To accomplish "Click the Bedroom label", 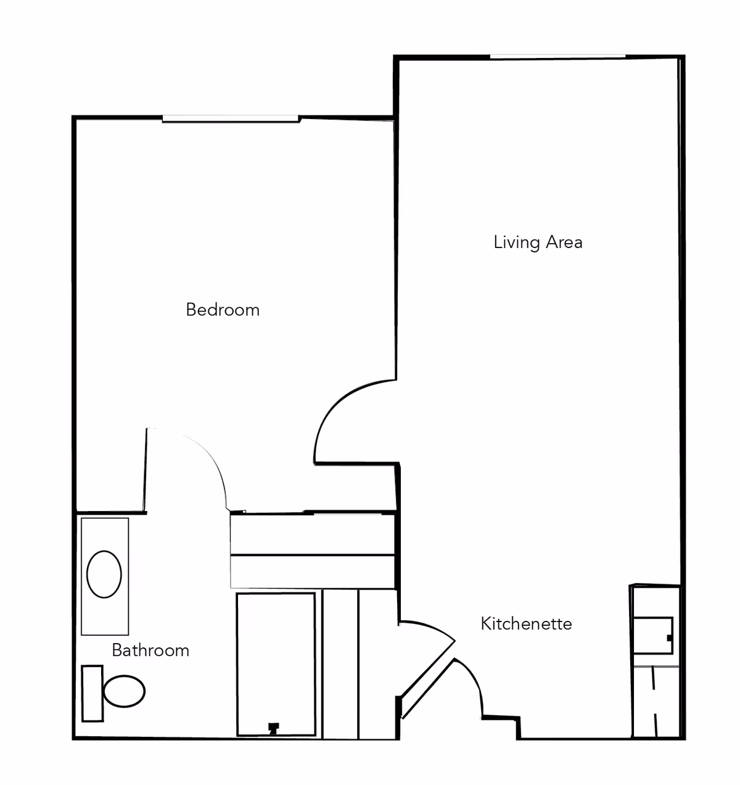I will [x=223, y=309].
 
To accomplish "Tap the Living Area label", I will [x=538, y=242].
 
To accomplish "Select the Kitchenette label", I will [x=526, y=623].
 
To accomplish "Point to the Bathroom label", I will [x=150, y=650].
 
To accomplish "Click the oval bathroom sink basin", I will [x=104, y=574].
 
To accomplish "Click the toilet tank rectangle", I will [x=92, y=693].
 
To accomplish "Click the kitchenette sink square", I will [x=652, y=635].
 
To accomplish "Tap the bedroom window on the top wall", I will [x=231, y=118].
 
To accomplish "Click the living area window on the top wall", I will [x=557, y=57].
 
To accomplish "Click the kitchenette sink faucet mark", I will [x=669, y=638].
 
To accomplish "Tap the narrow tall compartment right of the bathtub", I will [x=340, y=663].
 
